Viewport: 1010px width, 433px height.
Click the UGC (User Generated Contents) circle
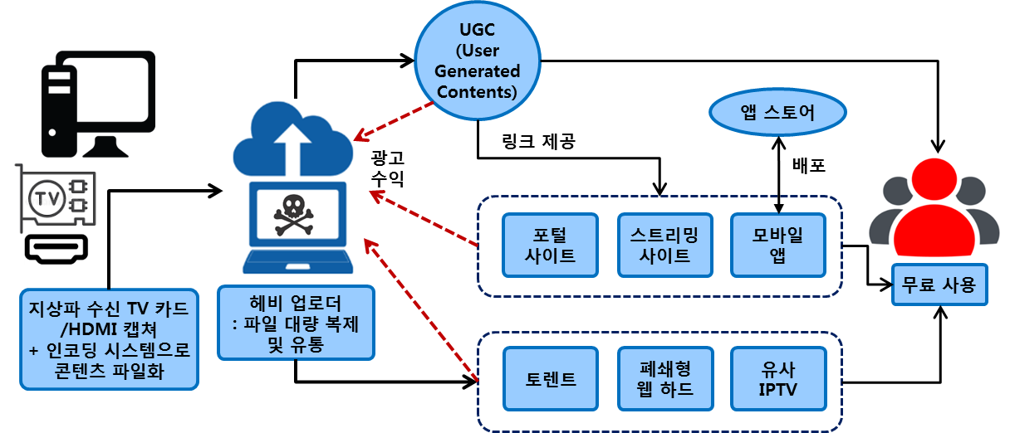pos(478,61)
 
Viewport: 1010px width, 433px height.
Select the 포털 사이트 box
pos(550,246)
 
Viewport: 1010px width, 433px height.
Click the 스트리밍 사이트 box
pos(664,246)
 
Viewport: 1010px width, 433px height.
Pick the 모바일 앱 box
pos(777,246)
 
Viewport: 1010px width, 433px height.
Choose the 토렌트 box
pos(550,379)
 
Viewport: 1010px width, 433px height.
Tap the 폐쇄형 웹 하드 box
pos(664,379)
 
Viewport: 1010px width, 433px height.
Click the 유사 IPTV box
pos(777,379)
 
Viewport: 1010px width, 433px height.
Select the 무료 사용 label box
pos(939,286)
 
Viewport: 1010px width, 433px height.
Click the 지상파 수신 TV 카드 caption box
pos(109,339)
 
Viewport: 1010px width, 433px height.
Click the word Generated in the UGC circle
pos(478,71)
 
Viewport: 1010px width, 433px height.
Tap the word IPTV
pos(777,389)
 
